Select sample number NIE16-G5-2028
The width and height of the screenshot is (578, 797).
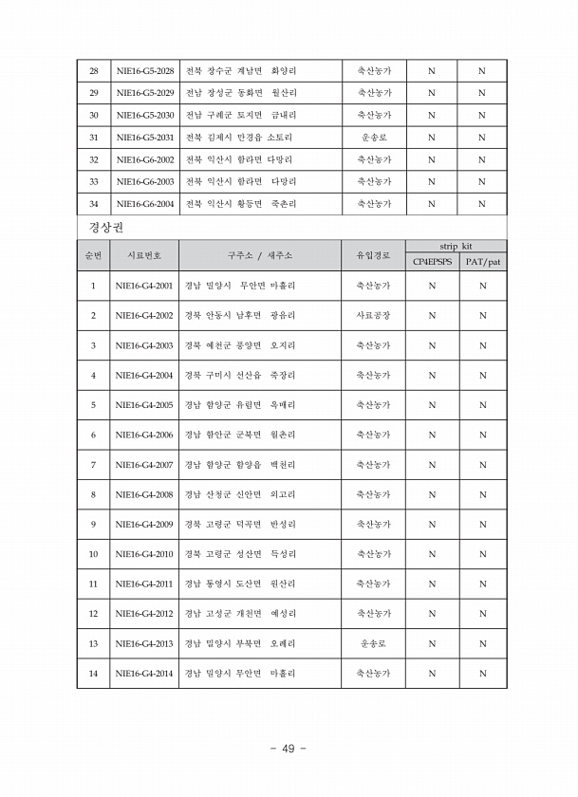click(144, 71)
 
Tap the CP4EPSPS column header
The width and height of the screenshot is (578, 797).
click(432, 261)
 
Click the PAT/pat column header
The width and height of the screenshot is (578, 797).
click(482, 261)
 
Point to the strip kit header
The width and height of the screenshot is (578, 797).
click(457, 247)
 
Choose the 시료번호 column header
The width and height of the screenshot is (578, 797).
click(144, 255)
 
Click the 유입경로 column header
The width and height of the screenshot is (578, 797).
click(373, 255)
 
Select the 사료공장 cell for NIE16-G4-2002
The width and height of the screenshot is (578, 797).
click(373, 315)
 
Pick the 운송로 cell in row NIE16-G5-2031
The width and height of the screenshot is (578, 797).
click(373, 138)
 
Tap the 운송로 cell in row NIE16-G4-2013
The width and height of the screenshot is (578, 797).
click(373, 643)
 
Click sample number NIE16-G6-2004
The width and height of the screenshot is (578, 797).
click(144, 203)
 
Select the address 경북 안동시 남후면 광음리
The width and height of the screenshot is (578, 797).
click(240, 315)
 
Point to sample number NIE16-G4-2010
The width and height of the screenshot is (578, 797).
click(144, 553)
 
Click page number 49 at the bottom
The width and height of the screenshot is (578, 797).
click(289, 749)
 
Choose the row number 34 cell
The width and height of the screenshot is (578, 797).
click(93, 203)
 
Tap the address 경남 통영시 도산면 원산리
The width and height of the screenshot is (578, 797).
click(240, 584)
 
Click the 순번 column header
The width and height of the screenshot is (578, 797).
click(93, 255)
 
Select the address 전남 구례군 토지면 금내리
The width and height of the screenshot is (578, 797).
click(240, 115)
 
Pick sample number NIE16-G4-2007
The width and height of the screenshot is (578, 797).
click(144, 464)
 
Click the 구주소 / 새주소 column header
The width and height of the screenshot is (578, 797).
click(259, 255)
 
